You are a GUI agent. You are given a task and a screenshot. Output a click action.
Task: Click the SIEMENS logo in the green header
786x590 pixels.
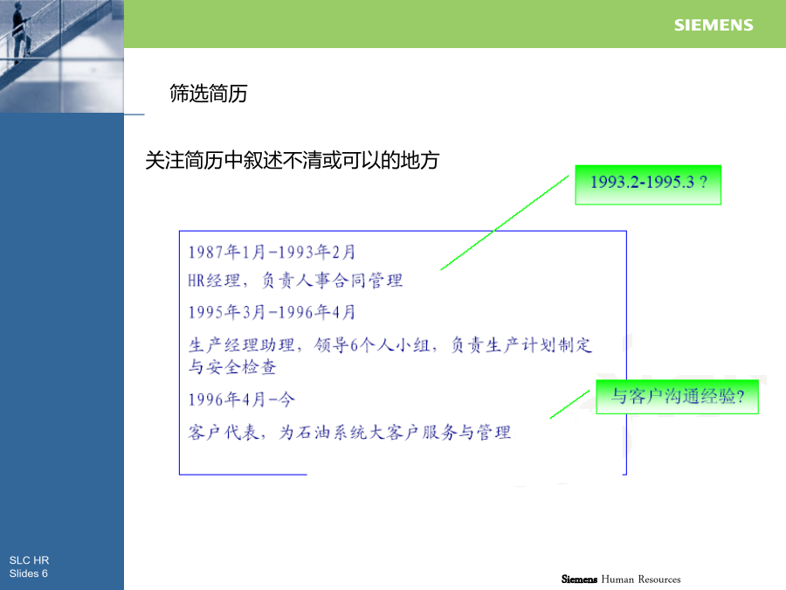click(x=714, y=25)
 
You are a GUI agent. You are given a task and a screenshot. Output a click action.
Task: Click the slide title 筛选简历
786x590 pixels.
click(x=209, y=94)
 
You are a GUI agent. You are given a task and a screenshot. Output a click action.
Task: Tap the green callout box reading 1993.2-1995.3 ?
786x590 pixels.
click(x=648, y=184)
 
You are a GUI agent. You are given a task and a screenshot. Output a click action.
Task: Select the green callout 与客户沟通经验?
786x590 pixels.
click(x=677, y=397)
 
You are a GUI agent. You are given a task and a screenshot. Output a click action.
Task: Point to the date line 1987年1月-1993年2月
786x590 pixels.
click(x=272, y=252)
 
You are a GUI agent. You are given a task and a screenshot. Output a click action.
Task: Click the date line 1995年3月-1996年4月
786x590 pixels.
click(x=272, y=312)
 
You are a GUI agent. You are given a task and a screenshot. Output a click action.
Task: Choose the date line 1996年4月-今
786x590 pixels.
click(x=242, y=399)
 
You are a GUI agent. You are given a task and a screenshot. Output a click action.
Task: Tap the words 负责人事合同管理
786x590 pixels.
click(x=333, y=280)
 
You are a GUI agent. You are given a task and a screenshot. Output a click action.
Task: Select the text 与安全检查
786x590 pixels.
click(x=232, y=367)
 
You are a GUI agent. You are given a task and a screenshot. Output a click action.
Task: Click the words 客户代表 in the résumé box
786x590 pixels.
click(x=224, y=432)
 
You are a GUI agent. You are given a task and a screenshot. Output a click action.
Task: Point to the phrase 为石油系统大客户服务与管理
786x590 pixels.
click(x=395, y=432)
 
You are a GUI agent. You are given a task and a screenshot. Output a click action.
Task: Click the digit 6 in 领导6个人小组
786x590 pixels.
click(x=354, y=345)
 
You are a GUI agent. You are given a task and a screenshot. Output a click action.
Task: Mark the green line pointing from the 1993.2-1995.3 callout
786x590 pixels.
click(x=505, y=223)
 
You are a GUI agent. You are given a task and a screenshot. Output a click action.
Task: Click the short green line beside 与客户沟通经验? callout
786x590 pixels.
click(x=570, y=405)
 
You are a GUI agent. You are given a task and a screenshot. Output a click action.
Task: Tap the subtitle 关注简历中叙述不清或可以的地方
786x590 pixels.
click(x=293, y=161)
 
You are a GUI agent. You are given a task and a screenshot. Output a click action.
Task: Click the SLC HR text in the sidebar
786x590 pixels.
click(x=29, y=560)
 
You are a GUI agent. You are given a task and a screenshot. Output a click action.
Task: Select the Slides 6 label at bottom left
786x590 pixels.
click(x=29, y=573)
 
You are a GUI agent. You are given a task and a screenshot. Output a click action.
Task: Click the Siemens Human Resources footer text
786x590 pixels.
click(x=621, y=580)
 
